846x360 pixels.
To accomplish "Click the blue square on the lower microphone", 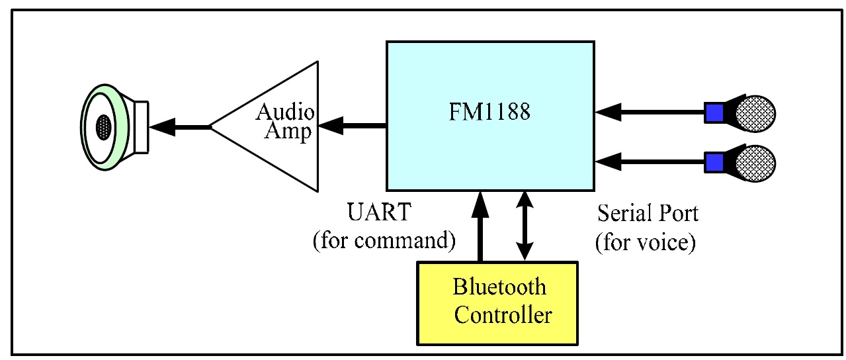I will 714,162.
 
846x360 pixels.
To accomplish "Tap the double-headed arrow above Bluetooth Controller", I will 524,225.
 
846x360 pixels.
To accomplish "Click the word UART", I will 379,213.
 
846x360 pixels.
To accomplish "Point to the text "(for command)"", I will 384,240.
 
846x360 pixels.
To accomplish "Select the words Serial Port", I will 648,213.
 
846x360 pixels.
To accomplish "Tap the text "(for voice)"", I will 645,242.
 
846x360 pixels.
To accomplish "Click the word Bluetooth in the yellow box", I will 499,287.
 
